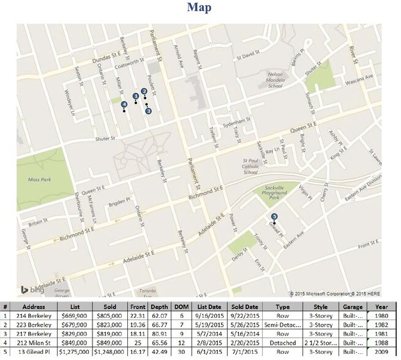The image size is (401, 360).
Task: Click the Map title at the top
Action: (x=200, y=8)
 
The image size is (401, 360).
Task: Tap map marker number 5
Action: (x=274, y=216)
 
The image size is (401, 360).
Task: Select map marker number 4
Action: (x=124, y=105)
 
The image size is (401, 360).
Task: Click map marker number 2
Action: (x=144, y=91)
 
